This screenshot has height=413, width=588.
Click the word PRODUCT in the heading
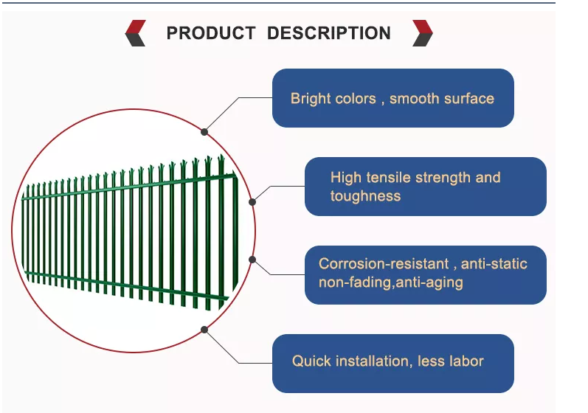tap(211, 33)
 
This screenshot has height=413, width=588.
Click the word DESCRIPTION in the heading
tap(329, 33)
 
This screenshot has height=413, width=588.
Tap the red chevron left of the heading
tap(136, 33)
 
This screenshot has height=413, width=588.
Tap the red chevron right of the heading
tap(423, 33)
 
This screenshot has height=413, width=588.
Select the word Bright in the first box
tap(311, 99)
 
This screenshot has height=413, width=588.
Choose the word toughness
tap(366, 196)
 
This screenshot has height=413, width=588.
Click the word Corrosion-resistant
tap(384, 264)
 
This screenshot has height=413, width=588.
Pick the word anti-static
tap(494, 264)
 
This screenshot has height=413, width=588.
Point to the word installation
tap(372, 361)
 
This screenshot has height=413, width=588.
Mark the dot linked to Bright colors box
tap(204, 132)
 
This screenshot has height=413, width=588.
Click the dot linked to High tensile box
tap(252, 202)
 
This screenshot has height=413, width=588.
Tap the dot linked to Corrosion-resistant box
tap(252, 260)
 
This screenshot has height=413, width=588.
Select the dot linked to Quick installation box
tap(204, 330)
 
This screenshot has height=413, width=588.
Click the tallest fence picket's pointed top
tap(221, 155)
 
